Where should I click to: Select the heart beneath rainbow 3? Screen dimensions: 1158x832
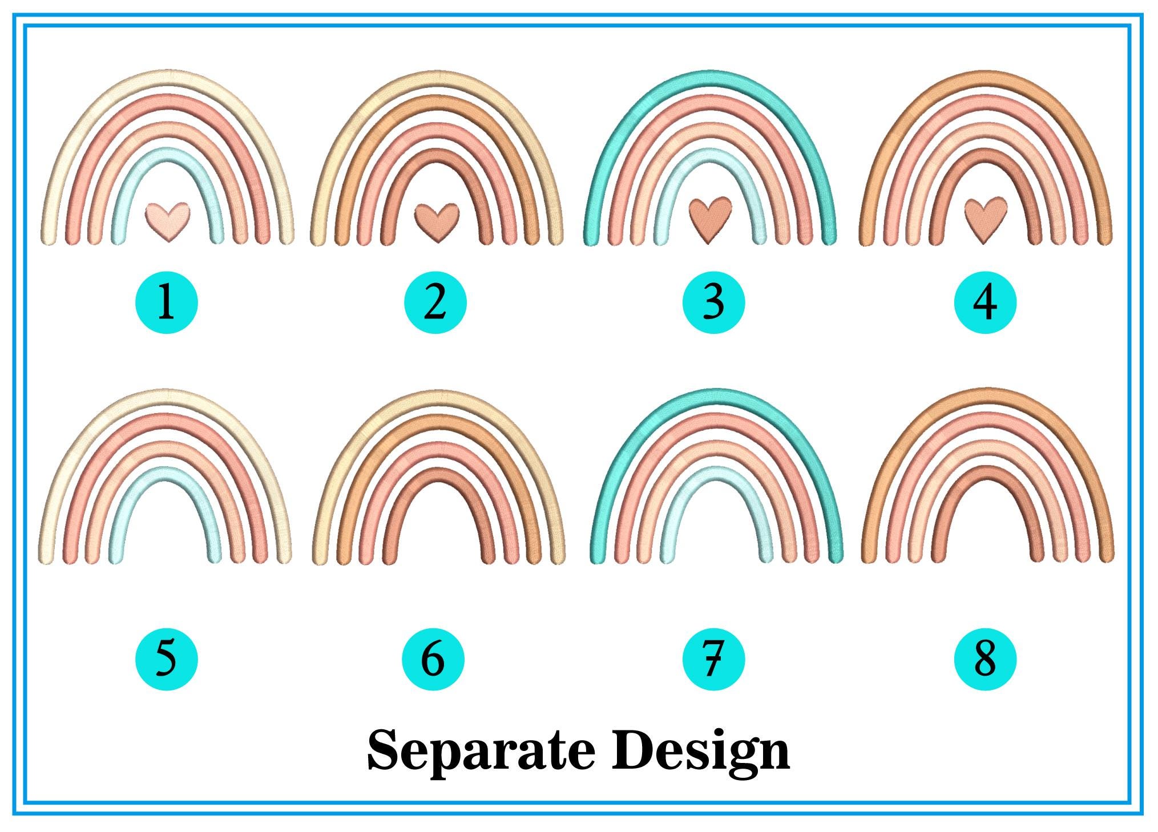710,220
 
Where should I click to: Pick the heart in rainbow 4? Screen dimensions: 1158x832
986,220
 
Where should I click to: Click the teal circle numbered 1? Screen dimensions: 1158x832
166,302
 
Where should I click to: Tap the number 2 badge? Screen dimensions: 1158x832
435,302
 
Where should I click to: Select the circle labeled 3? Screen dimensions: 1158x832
713,302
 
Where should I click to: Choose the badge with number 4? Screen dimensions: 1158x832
985,302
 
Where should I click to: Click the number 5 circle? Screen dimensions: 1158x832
166,659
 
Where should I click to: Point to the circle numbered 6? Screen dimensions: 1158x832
433,659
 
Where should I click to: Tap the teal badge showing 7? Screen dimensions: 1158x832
713,659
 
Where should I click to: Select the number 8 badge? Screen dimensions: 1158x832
985,659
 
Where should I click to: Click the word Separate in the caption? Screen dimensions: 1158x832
482,750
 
